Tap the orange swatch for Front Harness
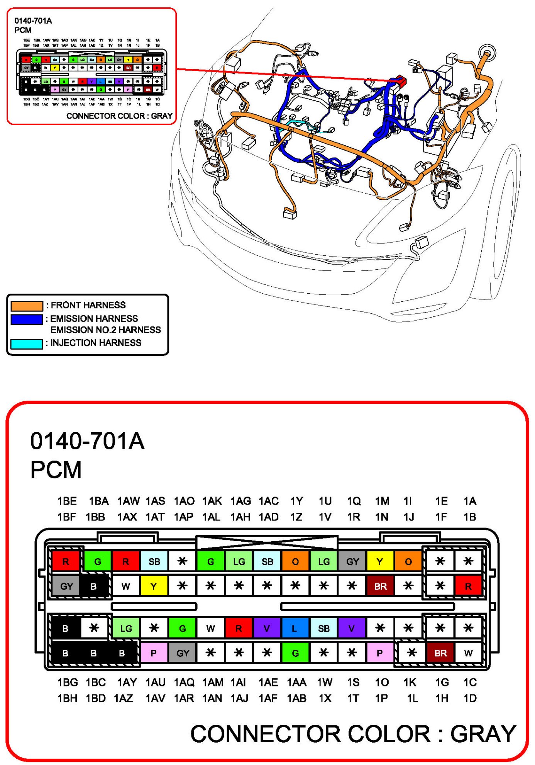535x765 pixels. (x=27, y=306)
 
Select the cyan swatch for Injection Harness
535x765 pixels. (x=27, y=344)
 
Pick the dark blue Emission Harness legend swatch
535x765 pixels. (x=27, y=320)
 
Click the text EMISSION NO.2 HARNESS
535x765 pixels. (x=105, y=330)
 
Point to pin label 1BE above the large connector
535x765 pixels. (x=67, y=501)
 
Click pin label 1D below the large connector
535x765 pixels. (x=470, y=698)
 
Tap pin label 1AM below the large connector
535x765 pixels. (x=213, y=682)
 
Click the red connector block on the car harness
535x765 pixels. (x=400, y=81)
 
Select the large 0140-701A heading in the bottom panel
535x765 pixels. (x=87, y=441)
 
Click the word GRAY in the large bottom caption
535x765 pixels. (x=483, y=734)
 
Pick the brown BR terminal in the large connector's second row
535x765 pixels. (x=380, y=586)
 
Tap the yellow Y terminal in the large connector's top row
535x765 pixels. (x=380, y=561)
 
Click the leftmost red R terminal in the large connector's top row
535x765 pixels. (x=66, y=561)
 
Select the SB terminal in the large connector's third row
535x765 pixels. (x=323, y=629)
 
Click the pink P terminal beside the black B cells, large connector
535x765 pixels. (x=154, y=653)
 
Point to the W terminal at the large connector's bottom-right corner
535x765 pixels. (x=469, y=653)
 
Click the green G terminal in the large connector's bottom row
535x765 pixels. (x=295, y=653)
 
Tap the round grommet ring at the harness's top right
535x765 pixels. (x=487, y=53)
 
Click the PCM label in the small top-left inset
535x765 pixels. (x=23, y=30)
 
